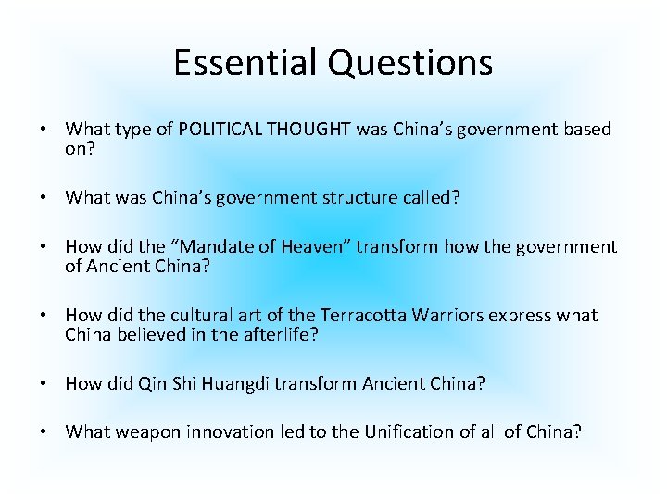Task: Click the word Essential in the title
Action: click(236, 63)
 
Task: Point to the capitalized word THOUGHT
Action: click(309, 129)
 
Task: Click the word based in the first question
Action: click(586, 129)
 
